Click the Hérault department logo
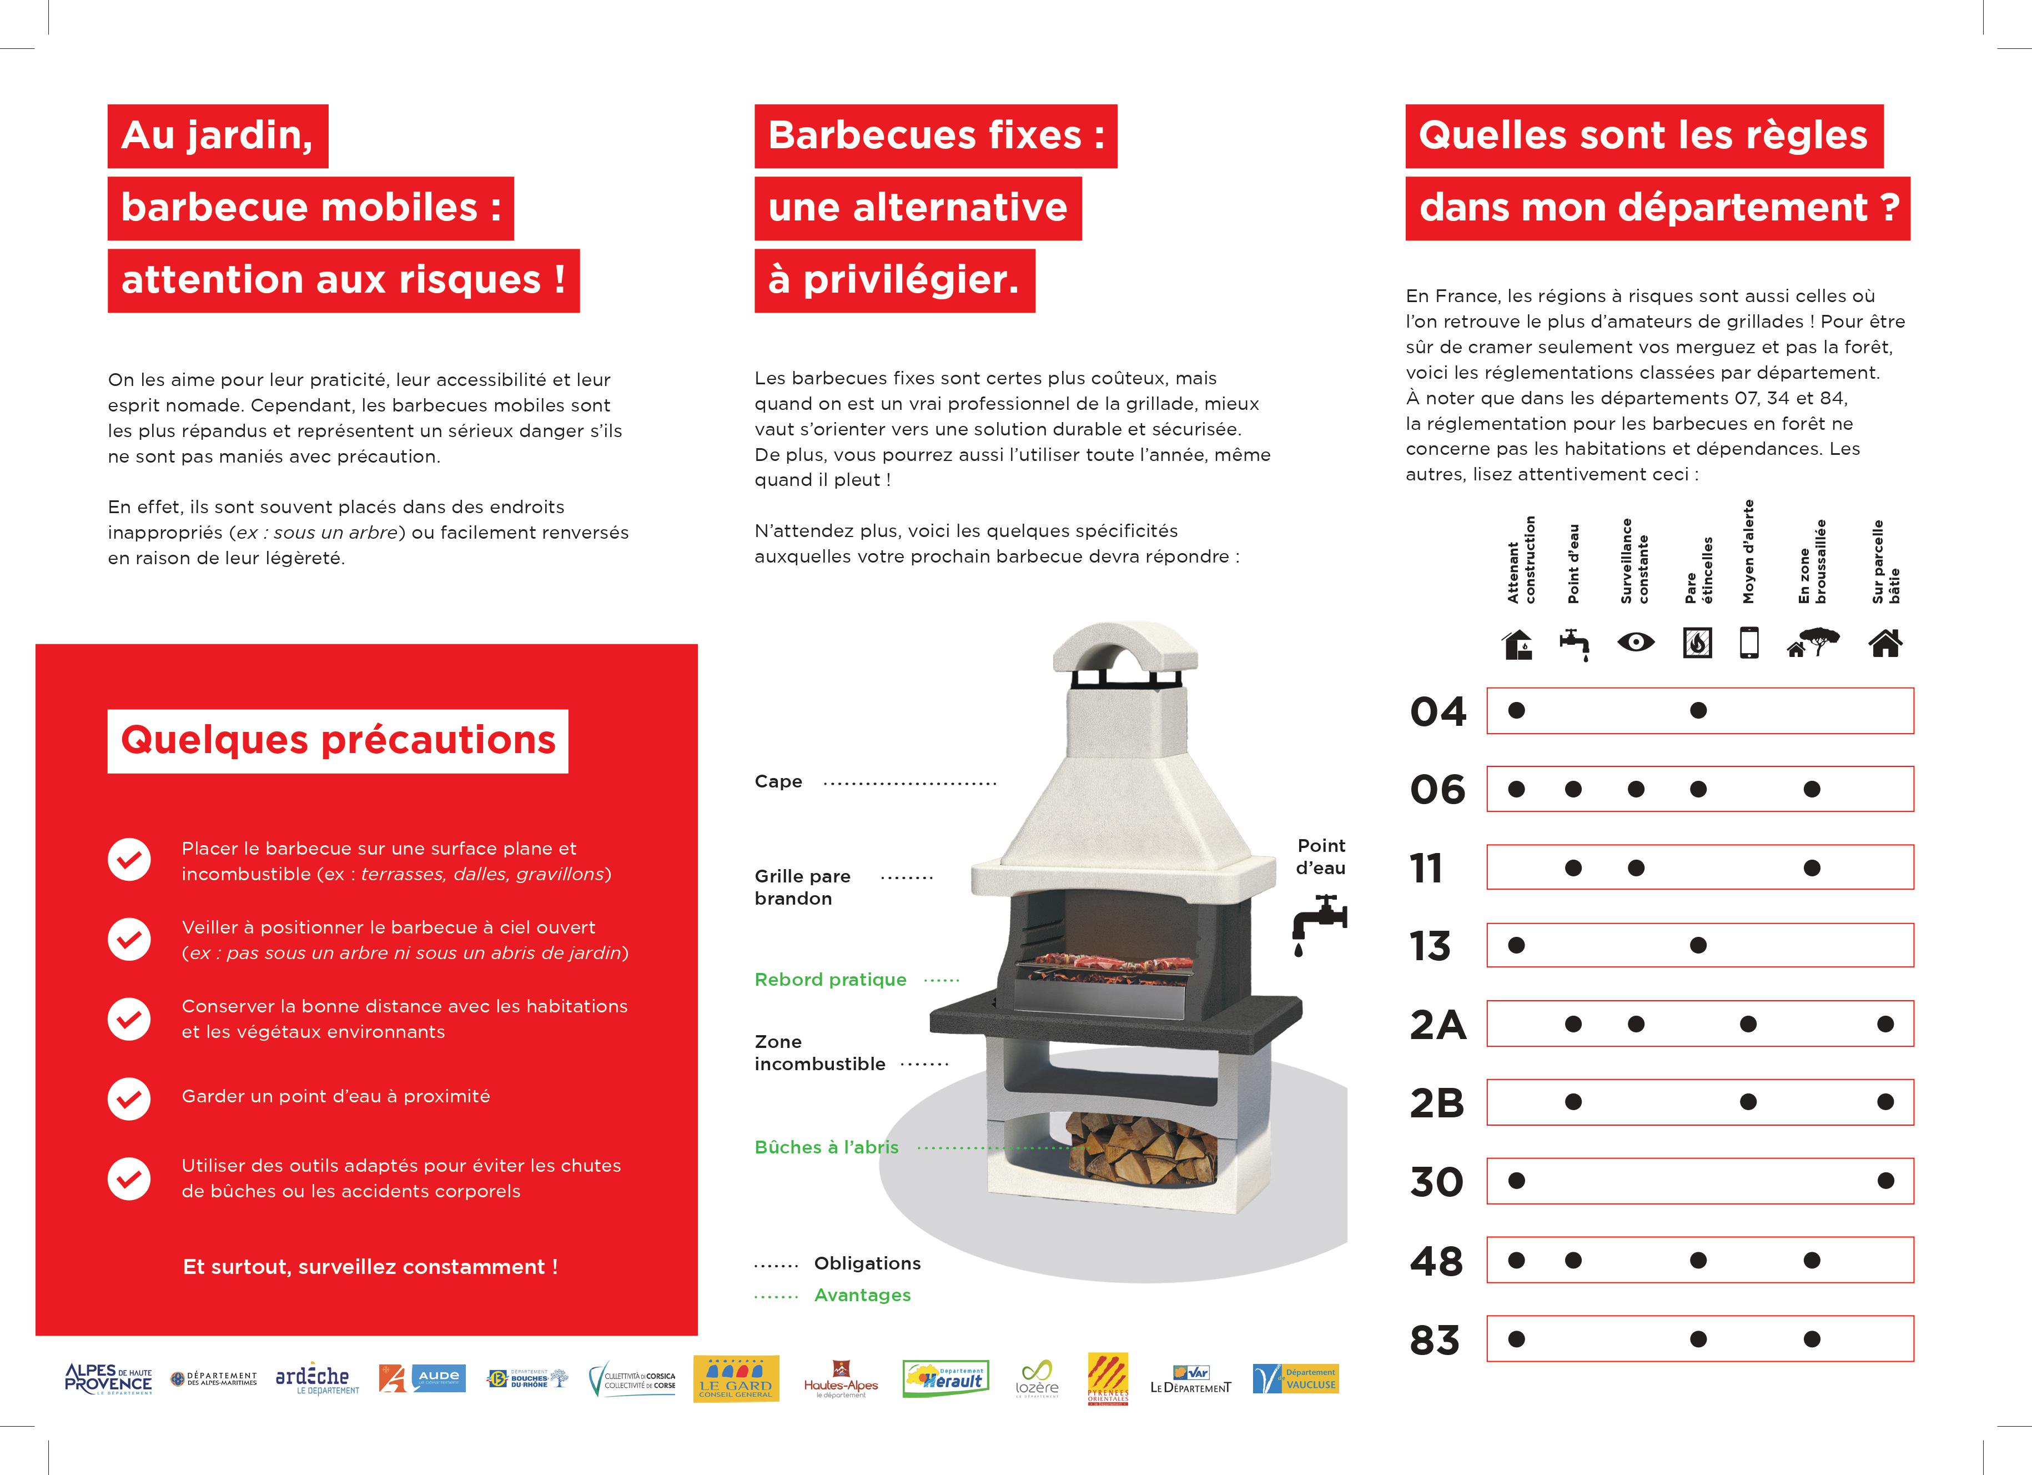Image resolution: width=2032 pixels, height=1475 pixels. tap(945, 1378)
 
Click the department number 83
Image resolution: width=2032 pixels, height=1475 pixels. tap(1435, 1339)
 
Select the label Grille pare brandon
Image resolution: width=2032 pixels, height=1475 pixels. tap(802, 887)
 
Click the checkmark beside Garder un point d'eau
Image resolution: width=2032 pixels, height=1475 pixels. tap(129, 1098)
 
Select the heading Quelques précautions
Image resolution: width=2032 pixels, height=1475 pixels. tap(338, 741)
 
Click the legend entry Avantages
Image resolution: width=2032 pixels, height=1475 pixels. tap(862, 1295)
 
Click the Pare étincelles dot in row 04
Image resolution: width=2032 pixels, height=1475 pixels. tap(1698, 711)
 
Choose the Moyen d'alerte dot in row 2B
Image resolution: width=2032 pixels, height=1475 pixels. tap(1748, 1102)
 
